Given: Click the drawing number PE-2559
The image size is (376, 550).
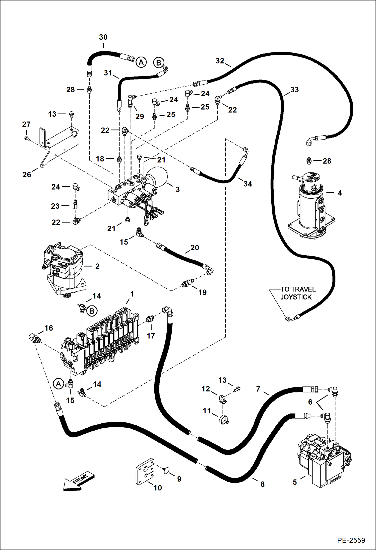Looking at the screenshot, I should pos(351,540).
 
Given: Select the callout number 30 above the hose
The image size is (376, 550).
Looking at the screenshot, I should pos(103,37).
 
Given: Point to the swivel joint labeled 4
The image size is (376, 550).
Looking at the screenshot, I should pos(311,206).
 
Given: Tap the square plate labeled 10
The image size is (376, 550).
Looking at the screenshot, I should pos(146,472).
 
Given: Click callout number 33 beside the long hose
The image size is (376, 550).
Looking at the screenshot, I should pos(294,90).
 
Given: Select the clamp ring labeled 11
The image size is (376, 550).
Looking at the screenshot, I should pos(223,420).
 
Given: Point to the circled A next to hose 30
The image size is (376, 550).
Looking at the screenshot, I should pos(141,62).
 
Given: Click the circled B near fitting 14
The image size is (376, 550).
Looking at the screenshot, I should pos(92,311).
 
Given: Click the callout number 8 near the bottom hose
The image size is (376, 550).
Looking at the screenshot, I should pos(263,484).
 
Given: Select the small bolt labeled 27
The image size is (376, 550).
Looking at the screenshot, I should pos(26,138).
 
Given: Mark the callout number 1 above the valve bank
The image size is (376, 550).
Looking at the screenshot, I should pos(132,294).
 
